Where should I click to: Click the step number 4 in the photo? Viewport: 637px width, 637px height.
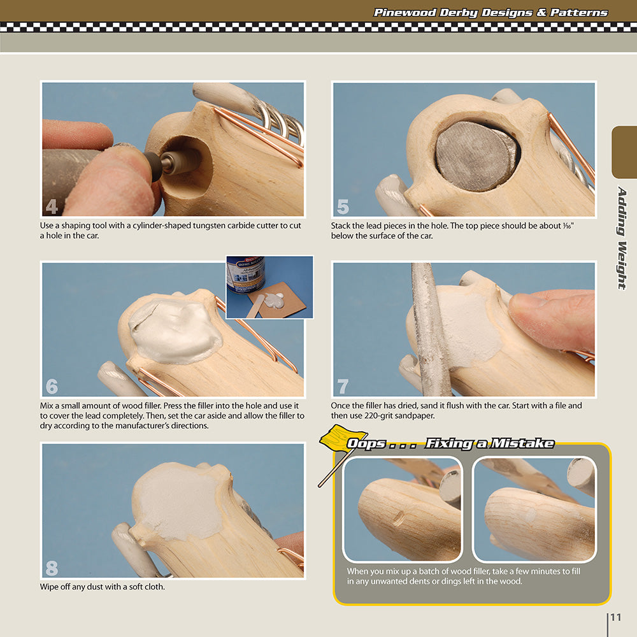(52, 206)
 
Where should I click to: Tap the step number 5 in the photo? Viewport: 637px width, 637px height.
(343, 206)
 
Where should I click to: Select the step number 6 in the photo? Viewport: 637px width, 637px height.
(52, 387)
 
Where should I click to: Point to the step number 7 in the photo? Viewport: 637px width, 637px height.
(343, 387)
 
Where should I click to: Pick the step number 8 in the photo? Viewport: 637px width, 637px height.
(52, 568)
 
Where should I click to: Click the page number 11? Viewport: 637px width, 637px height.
(615, 617)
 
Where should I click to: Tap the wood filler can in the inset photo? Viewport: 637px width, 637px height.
(246, 274)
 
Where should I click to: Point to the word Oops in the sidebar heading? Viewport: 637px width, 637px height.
(366, 443)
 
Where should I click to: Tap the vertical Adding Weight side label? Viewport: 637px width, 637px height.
(622, 238)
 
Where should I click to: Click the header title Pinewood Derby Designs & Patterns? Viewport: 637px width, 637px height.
(490, 13)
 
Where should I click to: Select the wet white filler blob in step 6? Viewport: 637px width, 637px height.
(175, 330)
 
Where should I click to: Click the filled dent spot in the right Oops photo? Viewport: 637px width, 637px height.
(531, 515)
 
